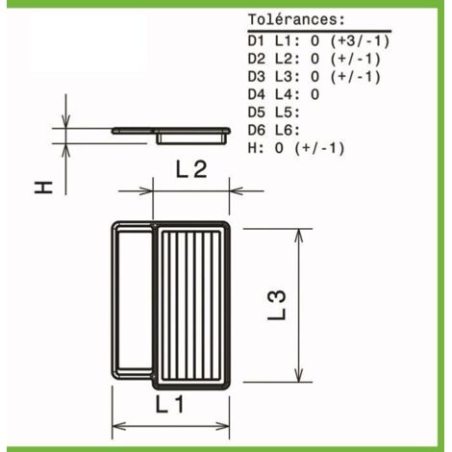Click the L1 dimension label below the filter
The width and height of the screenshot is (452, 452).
[169, 404]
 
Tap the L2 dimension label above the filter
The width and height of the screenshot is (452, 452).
[191, 169]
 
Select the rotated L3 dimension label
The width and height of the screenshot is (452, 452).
[276, 305]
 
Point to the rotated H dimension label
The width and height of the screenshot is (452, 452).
[43, 188]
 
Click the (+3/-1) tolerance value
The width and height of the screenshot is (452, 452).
[360, 41]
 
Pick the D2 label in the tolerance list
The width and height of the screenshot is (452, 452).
[257, 59]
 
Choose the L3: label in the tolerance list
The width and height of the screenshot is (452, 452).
[288, 77]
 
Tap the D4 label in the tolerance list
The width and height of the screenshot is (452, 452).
[257, 94]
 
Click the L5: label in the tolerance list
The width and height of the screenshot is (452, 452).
[288, 113]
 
